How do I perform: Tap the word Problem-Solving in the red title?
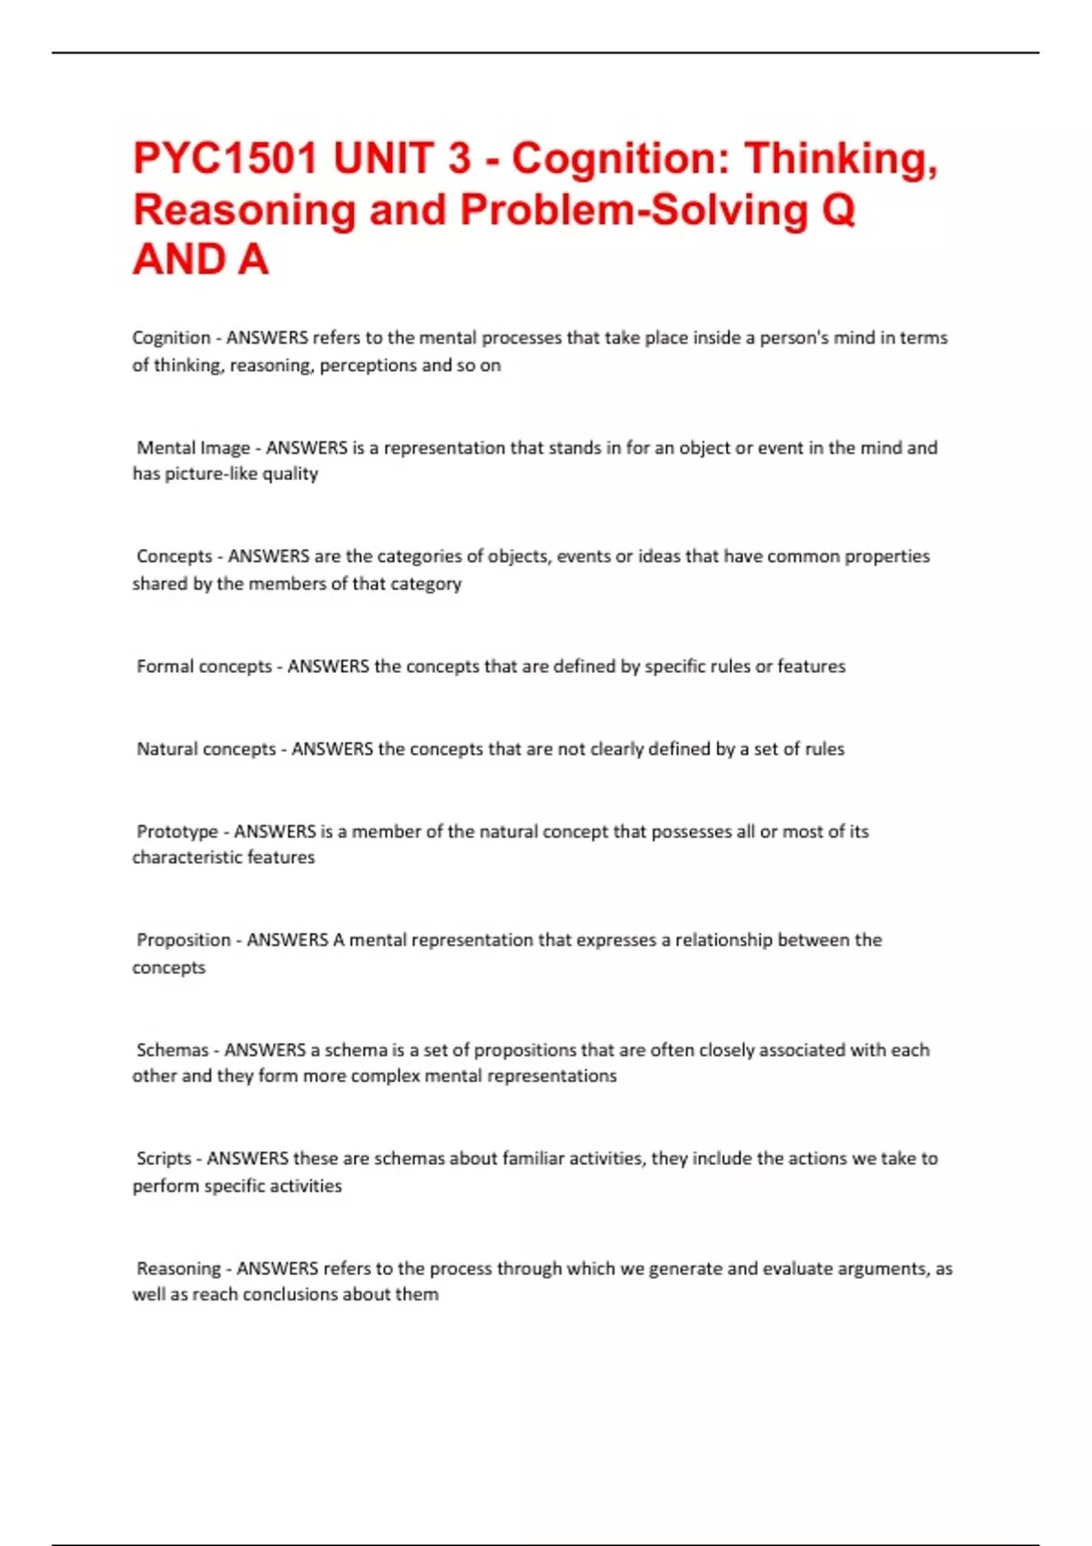(633, 209)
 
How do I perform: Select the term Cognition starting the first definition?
(171, 337)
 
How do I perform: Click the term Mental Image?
(193, 447)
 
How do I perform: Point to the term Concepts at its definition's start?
(174, 556)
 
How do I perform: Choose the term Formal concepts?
(204, 666)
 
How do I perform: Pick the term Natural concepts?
(206, 748)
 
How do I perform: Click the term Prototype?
(177, 831)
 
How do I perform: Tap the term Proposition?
(183, 939)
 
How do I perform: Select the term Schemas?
(172, 1049)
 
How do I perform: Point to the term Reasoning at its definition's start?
(178, 1268)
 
